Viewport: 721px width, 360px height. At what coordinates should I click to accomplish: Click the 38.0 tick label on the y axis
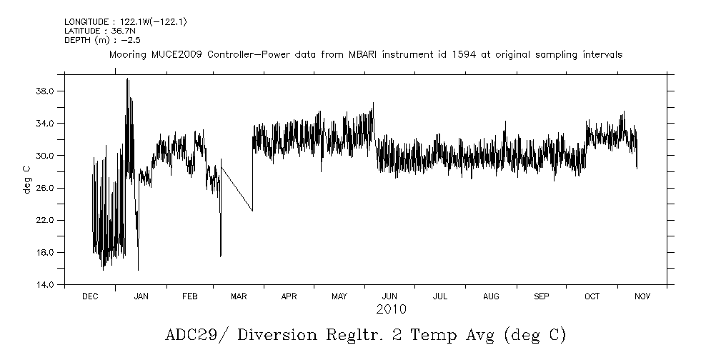46,91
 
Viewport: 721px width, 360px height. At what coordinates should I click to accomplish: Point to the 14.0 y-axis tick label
46,284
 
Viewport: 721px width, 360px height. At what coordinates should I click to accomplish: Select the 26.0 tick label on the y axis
46,188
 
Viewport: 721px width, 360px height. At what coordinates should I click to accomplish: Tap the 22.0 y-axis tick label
46,220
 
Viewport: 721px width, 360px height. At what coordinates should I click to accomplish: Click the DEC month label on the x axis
90,296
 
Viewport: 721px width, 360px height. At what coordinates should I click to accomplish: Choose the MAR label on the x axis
239,296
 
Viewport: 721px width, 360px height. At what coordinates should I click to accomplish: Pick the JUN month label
389,296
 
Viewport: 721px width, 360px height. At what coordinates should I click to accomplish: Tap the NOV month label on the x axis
641,296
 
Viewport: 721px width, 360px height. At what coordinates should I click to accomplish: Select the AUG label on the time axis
491,296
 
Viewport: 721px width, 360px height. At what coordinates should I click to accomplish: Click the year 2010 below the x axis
391,309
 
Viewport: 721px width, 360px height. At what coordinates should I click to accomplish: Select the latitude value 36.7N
121,31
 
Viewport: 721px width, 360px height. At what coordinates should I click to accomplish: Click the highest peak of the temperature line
127,79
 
